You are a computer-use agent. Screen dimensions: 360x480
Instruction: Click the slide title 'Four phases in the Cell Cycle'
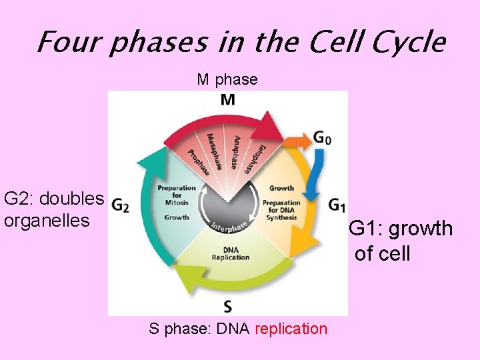240,43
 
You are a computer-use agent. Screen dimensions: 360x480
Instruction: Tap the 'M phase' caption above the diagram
227,80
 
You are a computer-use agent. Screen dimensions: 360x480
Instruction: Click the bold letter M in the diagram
227,100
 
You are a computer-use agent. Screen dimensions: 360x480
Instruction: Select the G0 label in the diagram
322,139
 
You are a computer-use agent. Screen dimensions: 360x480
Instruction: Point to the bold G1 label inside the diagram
336,204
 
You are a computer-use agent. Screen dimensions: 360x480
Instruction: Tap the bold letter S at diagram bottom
228,306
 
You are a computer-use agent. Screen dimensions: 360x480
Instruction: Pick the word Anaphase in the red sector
236,151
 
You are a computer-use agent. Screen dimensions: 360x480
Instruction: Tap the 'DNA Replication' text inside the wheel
230,254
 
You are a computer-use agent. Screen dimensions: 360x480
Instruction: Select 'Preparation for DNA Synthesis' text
281,206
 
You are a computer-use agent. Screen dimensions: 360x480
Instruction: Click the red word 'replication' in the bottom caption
291,329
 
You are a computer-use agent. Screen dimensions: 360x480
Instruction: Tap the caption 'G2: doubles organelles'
54,209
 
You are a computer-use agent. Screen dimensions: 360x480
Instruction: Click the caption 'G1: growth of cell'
401,241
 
